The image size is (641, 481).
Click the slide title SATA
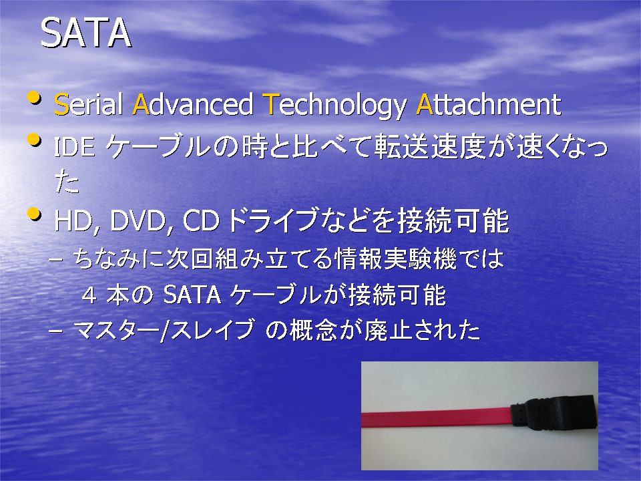86,33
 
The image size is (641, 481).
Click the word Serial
89,104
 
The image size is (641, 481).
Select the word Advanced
193,104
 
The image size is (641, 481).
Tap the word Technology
335,106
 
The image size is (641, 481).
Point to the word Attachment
489,104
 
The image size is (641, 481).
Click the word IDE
74,146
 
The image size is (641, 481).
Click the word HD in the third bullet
73,221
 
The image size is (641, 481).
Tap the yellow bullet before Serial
34,98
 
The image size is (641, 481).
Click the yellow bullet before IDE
34,140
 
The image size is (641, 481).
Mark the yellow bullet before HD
34,214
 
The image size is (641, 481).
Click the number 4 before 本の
89,295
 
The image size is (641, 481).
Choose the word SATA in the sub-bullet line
192,295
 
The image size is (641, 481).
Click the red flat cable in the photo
436,419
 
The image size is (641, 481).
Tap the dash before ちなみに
55,260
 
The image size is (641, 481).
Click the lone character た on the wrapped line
67,182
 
